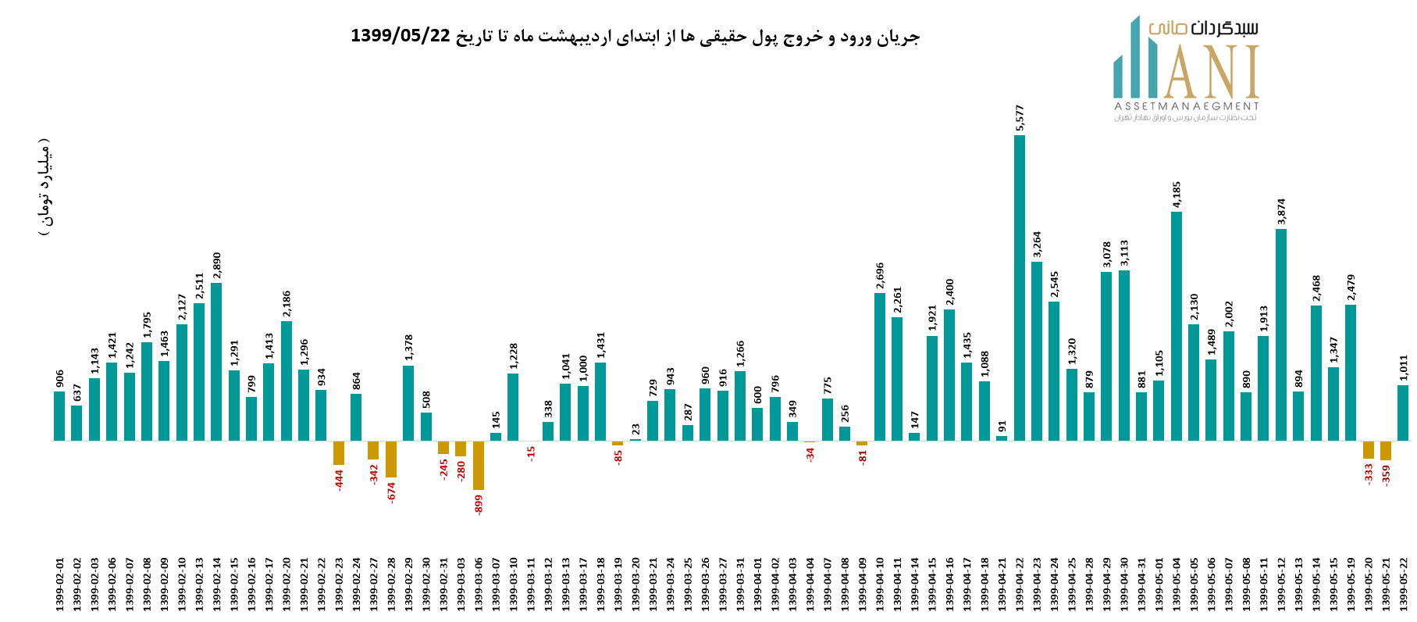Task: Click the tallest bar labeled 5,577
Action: pyautogui.click(x=1020, y=288)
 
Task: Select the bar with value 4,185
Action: pyautogui.click(x=1177, y=326)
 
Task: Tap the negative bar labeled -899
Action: pyautogui.click(x=479, y=466)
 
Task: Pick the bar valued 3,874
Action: pyautogui.click(x=1281, y=334)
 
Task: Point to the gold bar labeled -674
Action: pyautogui.click(x=391, y=459)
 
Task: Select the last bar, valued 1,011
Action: pyautogui.click(x=1403, y=413)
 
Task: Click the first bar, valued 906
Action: pyautogui.click(x=59, y=416)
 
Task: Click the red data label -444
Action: pyautogui.click(x=340, y=480)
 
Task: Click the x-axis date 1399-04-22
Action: pyautogui.click(x=1020, y=584)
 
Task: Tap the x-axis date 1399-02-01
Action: pyautogui.click(x=59, y=584)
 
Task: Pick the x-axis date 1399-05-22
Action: pyautogui.click(x=1403, y=584)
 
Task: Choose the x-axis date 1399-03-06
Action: pyautogui.click(x=479, y=584)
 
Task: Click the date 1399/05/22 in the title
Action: pyautogui.click(x=401, y=36)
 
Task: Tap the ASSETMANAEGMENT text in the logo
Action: pyautogui.click(x=1186, y=106)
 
